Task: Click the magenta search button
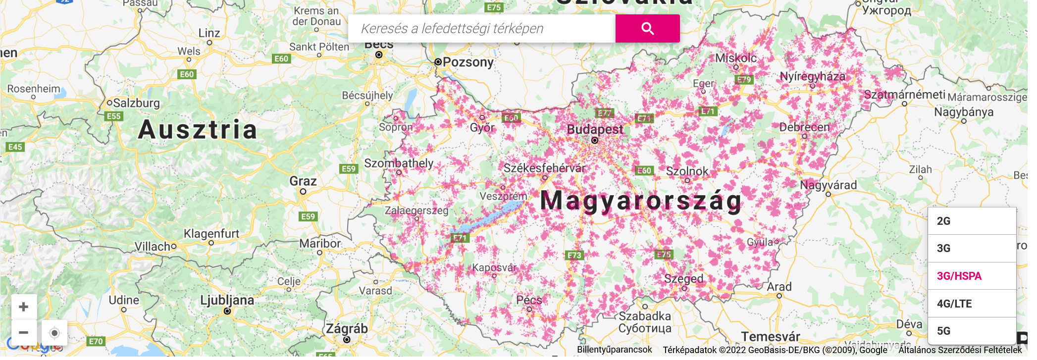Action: tap(647, 29)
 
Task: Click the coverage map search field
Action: tap(480, 29)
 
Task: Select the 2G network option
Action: tap(972, 221)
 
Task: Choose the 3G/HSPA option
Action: tap(972, 276)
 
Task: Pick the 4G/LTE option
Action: tap(972, 304)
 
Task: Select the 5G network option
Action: tap(972, 331)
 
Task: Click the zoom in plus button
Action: tap(24, 307)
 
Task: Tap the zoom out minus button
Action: tap(24, 332)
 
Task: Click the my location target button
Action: tap(54, 333)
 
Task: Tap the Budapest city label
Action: tap(595, 130)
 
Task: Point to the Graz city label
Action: tap(303, 181)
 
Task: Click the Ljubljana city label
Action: tap(227, 300)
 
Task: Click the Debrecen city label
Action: tap(804, 127)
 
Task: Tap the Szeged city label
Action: tap(683, 278)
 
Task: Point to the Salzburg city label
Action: tap(136, 103)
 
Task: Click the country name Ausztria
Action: tap(198, 130)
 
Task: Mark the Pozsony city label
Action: tap(468, 62)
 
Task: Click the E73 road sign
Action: tap(574, 256)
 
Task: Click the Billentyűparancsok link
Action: tap(614, 350)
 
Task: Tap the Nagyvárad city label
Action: tap(829, 185)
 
